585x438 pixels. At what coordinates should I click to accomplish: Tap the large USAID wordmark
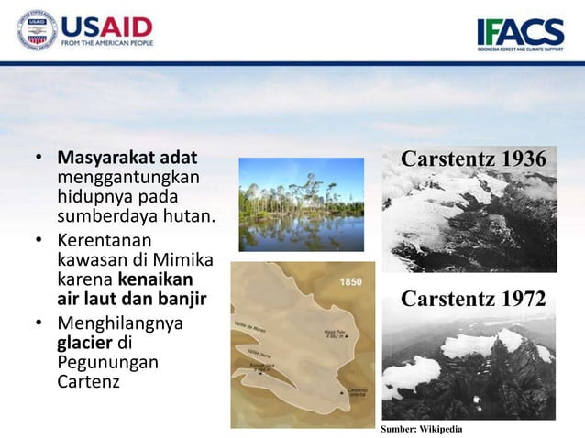[x=106, y=27]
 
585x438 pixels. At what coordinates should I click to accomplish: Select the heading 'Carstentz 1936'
[x=473, y=159]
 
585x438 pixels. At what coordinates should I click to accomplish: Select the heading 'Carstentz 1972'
[x=473, y=299]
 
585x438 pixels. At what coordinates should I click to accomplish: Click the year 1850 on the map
[x=350, y=282]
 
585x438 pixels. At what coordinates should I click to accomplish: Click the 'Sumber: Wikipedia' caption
[x=422, y=429]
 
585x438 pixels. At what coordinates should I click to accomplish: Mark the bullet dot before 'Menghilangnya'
[x=39, y=323]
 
